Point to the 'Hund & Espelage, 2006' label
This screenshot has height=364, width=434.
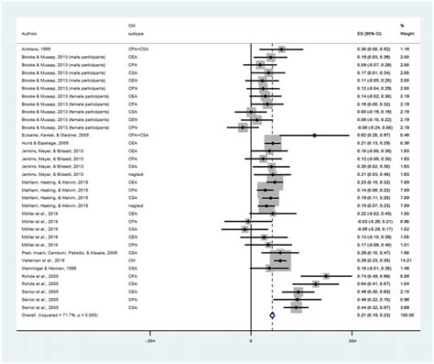tap(42, 142)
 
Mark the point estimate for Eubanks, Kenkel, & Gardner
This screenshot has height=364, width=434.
tap(314, 134)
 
